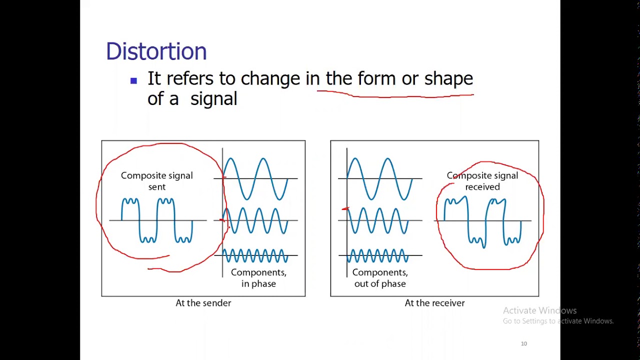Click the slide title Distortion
coord(156,51)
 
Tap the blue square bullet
coord(133,80)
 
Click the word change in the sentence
coord(270,79)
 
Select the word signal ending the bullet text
coord(213,99)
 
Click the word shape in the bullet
coord(448,79)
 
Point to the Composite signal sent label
coord(156,181)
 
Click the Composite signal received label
coord(482,181)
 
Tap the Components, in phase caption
coord(258,278)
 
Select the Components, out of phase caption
coord(380,278)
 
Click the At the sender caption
coord(203,303)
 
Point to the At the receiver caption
coord(434,303)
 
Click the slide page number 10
coord(524,343)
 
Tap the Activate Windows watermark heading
coord(539,310)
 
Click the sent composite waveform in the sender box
coord(157,220)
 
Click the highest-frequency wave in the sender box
coord(255,256)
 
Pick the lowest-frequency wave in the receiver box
coord(380,178)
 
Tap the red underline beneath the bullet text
coord(395,94)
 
